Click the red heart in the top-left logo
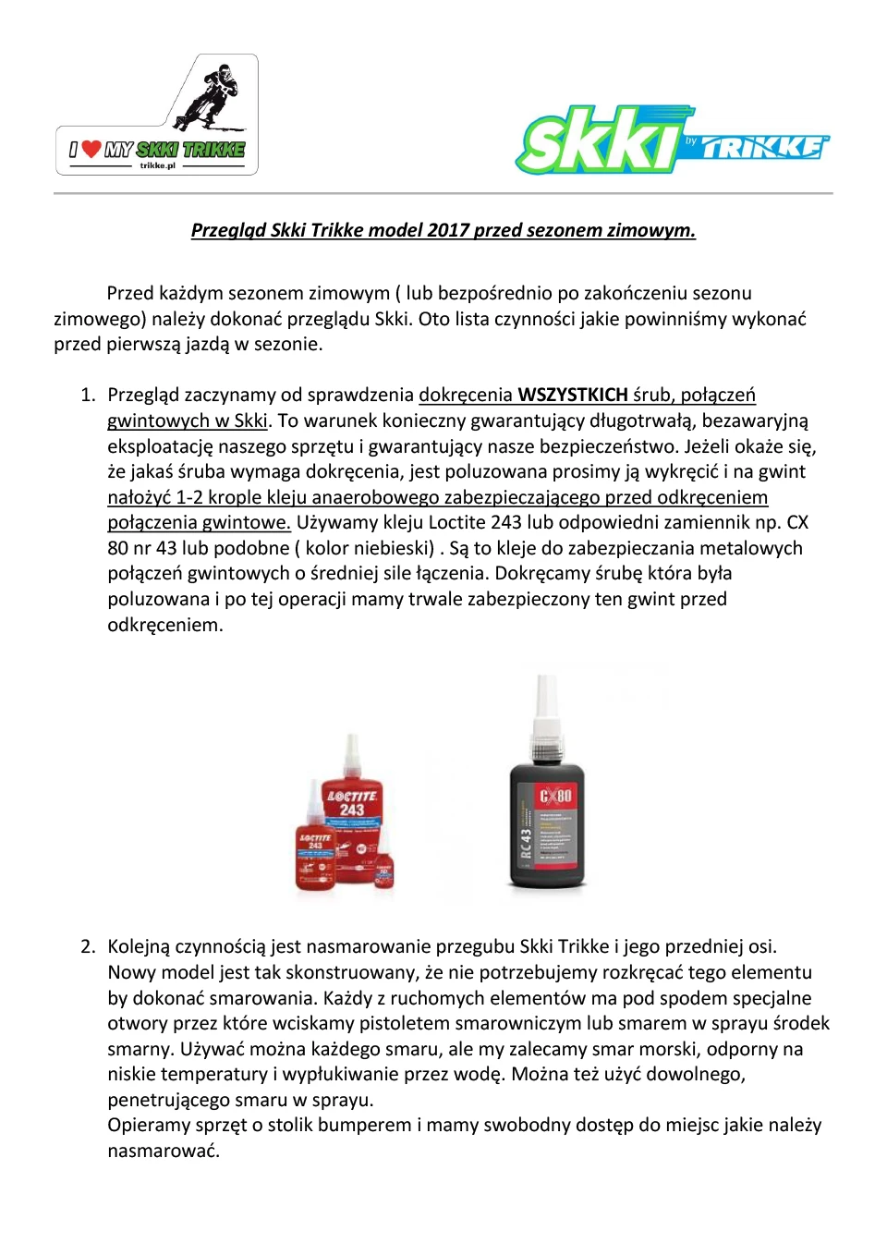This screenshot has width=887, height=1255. [91, 148]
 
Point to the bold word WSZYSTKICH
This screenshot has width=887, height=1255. [572, 395]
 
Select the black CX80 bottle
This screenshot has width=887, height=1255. [546, 822]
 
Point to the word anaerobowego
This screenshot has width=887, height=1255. [376, 497]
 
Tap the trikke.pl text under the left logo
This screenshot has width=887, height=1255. [157, 165]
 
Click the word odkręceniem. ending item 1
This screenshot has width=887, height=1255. [165, 625]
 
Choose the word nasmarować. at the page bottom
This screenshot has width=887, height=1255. [164, 1151]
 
